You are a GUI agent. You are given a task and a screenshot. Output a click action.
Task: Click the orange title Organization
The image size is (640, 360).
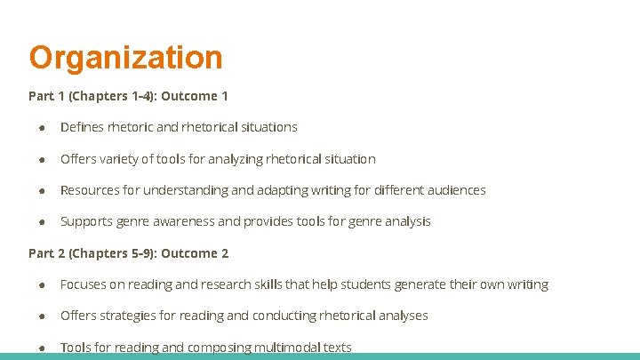125,58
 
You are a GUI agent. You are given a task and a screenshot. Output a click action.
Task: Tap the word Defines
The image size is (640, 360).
83,127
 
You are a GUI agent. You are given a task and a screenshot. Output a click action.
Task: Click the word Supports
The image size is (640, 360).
87,221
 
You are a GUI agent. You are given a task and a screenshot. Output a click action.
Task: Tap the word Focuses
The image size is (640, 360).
85,284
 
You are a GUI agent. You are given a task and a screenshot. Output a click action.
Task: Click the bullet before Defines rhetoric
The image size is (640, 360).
42,127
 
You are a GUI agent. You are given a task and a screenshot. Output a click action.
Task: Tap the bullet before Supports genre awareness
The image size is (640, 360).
42,221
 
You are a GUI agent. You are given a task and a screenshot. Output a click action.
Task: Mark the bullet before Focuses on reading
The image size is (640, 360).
42,284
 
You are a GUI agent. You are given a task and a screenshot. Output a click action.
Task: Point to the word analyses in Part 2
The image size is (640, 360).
402,316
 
